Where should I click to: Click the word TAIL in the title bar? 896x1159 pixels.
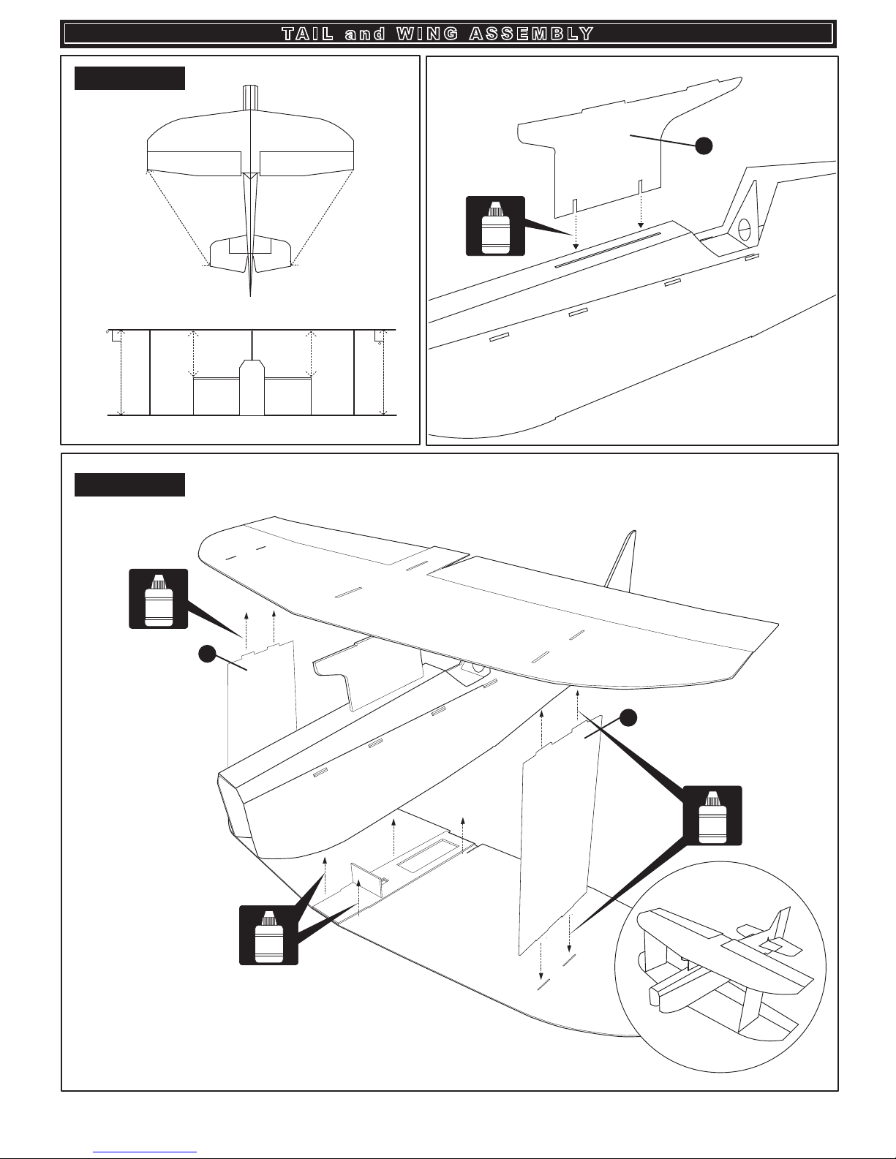306,34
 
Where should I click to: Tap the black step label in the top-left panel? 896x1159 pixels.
129,78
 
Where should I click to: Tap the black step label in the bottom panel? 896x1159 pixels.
129,485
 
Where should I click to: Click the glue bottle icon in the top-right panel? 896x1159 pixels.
495,226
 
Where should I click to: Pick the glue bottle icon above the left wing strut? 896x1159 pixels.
158,599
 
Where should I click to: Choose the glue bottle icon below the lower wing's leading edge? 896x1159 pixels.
268,935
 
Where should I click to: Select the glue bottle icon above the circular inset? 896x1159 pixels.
712,815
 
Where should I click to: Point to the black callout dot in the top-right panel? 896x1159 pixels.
704,146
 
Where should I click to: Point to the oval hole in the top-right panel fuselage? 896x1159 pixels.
745,229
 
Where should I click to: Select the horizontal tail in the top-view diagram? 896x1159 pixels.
250,254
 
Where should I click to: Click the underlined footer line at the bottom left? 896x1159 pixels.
146,1150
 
